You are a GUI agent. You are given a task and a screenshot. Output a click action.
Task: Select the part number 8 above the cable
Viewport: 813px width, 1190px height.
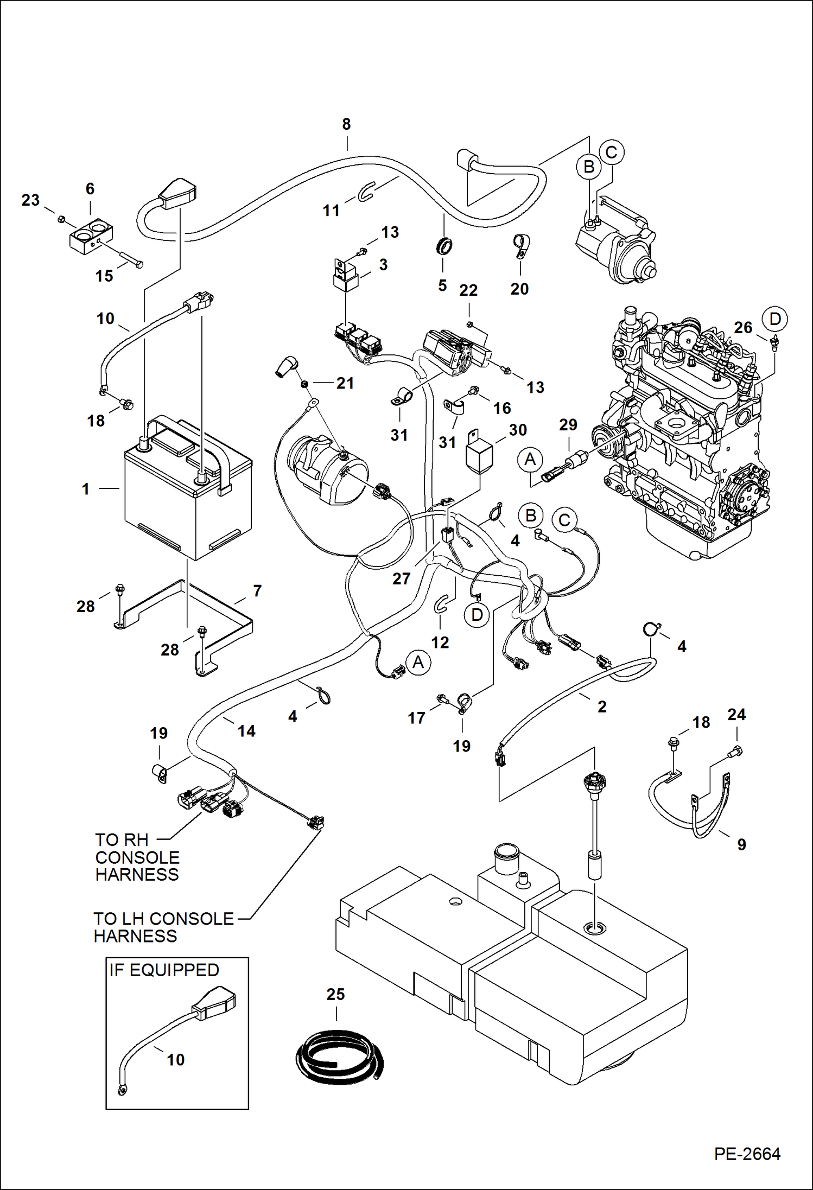tap(346, 124)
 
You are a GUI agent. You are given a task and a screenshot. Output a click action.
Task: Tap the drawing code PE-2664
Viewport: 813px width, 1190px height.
tap(747, 1154)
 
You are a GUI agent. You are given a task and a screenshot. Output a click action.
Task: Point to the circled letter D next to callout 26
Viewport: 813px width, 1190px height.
tap(774, 319)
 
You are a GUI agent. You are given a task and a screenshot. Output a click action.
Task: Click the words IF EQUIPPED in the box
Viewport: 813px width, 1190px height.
tap(164, 970)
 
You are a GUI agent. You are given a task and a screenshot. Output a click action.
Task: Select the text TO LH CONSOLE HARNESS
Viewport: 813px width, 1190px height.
tap(163, 927)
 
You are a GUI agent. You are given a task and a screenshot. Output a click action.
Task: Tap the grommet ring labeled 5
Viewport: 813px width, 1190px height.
tap(443, 246)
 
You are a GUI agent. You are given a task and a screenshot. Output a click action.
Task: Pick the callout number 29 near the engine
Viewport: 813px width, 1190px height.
tap(568, 425)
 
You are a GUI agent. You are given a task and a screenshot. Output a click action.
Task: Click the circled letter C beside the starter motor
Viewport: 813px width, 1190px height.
tap(611, 152)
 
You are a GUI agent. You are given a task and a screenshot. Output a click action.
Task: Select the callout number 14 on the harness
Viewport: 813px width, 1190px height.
tap(246, 731)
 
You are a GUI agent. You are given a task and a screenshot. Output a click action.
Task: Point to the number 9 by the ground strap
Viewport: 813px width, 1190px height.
tap(741, 844)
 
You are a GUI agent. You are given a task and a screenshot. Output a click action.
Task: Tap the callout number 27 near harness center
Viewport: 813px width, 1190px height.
tap(401, 578)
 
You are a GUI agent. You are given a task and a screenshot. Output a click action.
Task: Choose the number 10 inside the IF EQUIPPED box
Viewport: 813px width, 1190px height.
tap(175, 1060)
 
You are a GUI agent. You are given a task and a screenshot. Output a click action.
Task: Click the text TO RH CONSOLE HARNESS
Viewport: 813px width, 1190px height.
tap(137, 857)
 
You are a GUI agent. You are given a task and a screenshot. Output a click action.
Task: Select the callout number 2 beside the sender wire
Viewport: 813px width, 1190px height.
tap(602, 707)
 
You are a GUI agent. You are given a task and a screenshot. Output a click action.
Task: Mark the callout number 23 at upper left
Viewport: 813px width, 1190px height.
tap(30, 200)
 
